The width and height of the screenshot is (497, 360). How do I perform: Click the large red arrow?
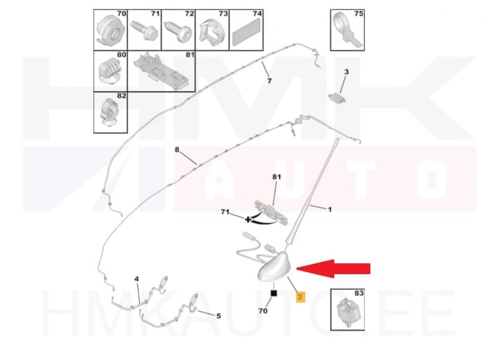tap(333, 269)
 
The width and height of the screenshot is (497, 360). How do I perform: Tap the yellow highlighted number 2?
tap(300, 297)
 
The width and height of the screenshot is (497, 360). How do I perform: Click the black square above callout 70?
tap(274, 294)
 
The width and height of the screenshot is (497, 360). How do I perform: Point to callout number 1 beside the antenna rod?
tap(330, 209)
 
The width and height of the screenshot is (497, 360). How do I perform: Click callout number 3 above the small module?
tap(347, 72)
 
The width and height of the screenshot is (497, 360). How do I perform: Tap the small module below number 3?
tap(337, 98)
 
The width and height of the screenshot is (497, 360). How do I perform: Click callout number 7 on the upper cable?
tap(270, 81)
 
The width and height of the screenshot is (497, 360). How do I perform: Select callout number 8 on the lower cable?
tap(177, 150)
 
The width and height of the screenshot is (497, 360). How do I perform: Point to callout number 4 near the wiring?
tap(137, 279)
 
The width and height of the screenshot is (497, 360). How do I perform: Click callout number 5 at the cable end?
tap(219, 316)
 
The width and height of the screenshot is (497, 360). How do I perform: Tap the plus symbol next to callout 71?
tap(248, 219)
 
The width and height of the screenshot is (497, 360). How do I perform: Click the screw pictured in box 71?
tap(144, 30)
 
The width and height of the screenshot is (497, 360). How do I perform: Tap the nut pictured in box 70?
tap(111, 30)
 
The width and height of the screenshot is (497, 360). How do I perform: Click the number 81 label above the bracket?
tap(276, 177)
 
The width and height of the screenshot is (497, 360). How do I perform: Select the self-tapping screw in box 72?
tap(178, 32)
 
